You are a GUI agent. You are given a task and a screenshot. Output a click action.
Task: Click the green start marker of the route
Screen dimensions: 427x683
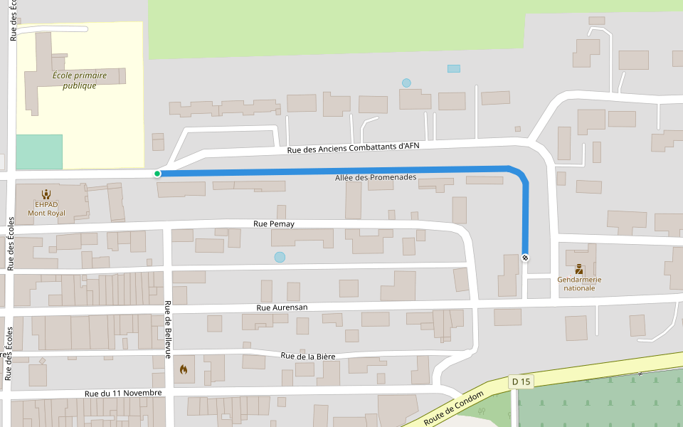coord(157,174)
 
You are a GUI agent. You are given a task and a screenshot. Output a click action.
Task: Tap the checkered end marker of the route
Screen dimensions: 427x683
coord(525,257)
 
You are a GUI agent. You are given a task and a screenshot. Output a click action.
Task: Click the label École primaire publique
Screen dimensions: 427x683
coord(80,80)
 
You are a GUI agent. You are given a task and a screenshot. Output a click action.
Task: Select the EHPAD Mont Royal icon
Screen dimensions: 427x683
coord(46,194)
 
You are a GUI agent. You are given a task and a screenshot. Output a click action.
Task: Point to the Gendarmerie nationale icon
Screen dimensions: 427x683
coord(579,269)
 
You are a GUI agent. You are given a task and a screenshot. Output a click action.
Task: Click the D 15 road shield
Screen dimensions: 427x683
coord(521,382)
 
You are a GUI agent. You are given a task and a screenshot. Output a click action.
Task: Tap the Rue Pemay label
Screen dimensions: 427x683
coord(274,224)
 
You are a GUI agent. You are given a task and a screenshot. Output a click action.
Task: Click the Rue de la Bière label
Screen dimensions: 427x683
coord(307,356)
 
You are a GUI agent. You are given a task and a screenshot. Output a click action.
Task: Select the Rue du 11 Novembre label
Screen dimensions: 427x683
coord(123,393)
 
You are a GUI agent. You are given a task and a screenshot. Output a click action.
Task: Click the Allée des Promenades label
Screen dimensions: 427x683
coord(376,177)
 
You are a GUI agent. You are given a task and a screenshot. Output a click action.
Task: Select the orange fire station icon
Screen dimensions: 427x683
coord(184,369)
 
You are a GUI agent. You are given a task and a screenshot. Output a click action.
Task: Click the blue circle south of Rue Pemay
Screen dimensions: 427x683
coord(280,257)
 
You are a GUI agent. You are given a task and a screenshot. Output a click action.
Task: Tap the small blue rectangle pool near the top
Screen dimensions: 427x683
coord(453,68)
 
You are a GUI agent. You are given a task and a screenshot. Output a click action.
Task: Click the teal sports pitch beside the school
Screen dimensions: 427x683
coord(39,152)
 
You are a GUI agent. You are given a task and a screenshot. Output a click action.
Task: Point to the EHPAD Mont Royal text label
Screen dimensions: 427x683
coord(46,209)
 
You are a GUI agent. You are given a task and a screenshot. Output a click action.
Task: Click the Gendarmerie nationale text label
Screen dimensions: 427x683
coord(579,283)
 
